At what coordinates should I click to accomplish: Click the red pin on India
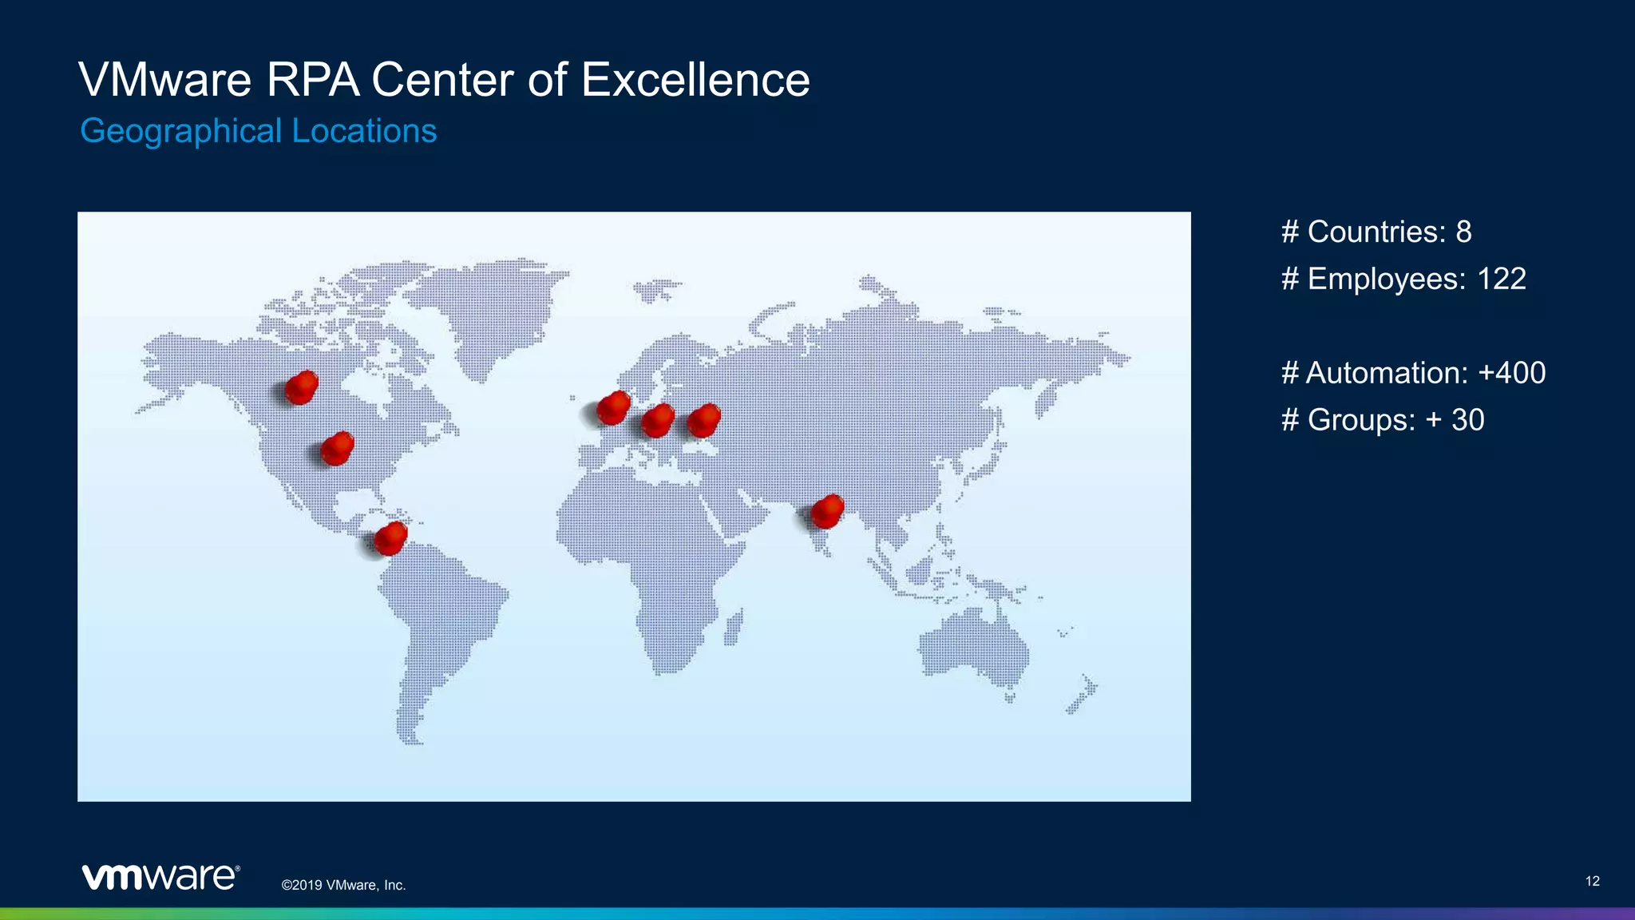click(x=827, y=511)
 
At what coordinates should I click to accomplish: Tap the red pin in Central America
click(x=390, y=538)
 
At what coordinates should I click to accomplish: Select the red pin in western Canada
click(x=301, y=387)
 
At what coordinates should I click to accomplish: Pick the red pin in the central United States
click(x=337, y=448)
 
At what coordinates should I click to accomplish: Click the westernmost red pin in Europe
click(x=613, y=407)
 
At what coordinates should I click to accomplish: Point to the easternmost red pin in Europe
click(x=703, y=420)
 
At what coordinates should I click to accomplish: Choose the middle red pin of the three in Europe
click(x=658, y=420)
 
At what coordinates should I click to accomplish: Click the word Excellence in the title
click(x=695, y=80)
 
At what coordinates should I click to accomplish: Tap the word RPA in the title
click(x=313, y=80)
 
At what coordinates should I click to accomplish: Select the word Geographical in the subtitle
click(x=181, y=131)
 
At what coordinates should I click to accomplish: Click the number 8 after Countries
click(x=1463, y=232)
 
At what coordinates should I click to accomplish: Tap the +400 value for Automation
click(x=1511, y=373)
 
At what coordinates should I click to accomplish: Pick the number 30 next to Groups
click(x=1467, y=420)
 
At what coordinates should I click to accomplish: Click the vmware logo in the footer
click(x=160, y=876)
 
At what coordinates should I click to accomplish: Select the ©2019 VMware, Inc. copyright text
click(x=343, y=885)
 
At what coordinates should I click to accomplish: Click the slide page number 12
click(x=1592, y=881)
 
